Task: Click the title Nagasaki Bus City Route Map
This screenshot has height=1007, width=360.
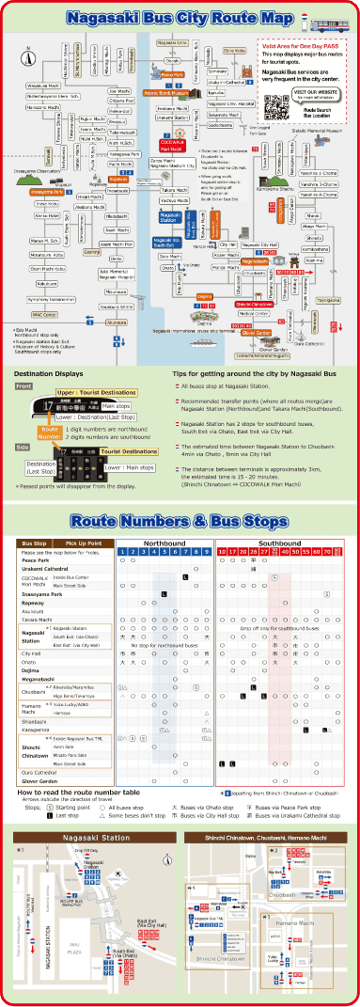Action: [180, 18]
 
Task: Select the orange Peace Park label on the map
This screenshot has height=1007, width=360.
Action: [172, 74]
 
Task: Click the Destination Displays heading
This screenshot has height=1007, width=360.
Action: [45, 373]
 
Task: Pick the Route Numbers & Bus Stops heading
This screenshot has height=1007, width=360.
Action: [179, 522]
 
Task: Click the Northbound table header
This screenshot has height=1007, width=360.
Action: [164, 543]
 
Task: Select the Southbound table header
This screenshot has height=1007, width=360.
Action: [279, 543]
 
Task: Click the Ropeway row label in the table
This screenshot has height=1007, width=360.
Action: [33, 603]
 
